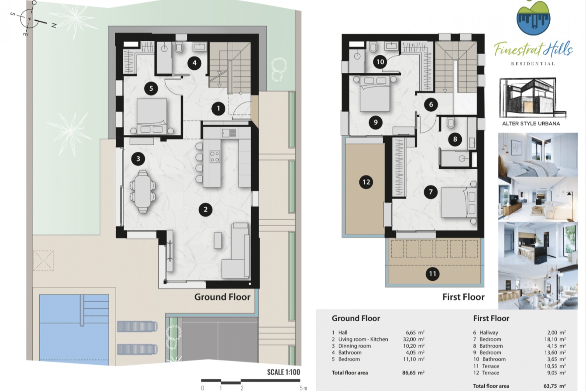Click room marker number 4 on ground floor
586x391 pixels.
[x=194, y=63]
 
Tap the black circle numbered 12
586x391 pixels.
[x=366, y=182]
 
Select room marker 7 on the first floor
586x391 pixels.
[x=431, y=192]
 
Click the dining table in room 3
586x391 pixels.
[x=143, y=192]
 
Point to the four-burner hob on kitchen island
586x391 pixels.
[x=215, y=156]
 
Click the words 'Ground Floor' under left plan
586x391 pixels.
[x=222, y=297]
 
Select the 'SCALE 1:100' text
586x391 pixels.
[x=284, y=372]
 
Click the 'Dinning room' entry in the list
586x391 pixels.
[x=354, y=346]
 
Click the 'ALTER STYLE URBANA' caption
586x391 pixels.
[x=531, y=124]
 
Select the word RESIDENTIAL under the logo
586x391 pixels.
[x=533, y=64]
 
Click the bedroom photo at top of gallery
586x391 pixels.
[x=538, y=155]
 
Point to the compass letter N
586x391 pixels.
[x=54, y=26]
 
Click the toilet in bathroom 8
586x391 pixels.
[x=450, y=123]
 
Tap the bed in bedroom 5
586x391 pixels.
[x=152, y=116]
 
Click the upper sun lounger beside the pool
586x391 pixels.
[x=137, y=327]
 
